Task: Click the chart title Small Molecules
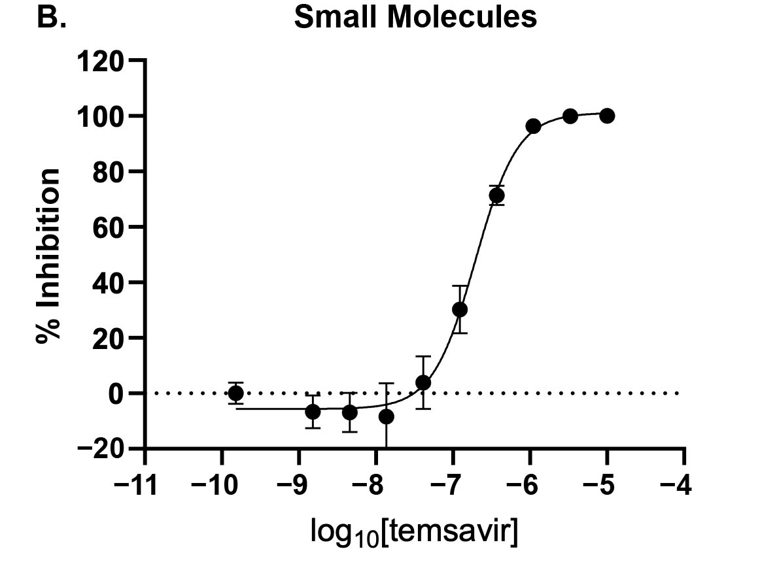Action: point(415,18)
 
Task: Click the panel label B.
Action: point(51,18)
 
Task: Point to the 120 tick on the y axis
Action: point(102,61)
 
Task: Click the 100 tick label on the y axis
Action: point(102,116)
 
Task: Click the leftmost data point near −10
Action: point(235,393)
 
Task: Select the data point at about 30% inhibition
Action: point(460,309)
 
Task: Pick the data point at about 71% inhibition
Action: point(496,195)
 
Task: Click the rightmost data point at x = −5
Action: point(607,116)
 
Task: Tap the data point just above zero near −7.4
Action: point(423,382)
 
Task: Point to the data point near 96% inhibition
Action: point(533,126)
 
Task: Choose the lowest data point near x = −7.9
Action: point(387,416)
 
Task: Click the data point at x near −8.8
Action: point(313,412)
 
